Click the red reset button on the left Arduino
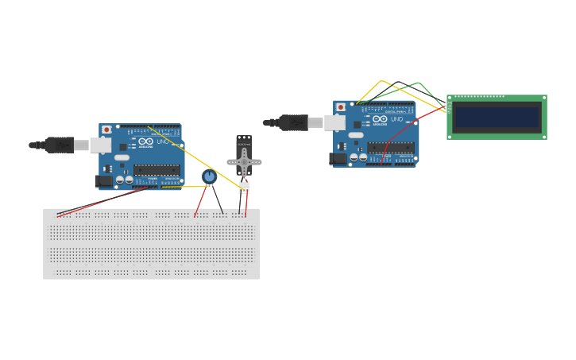[106, 130]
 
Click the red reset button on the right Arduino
[341, 107]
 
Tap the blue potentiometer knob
[209, 176]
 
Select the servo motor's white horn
[244, 163]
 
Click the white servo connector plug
[244, 188]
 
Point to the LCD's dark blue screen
[497, 118]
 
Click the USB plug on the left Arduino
[60, 145]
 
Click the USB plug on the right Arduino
[294, 122]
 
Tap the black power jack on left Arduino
[103, 181]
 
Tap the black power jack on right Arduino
[338, 158]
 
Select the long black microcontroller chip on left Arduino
[157, 169]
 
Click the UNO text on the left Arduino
[163, 141]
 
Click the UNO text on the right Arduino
[397, 119]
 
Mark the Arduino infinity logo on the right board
[380, 119]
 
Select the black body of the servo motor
[244, 147]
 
